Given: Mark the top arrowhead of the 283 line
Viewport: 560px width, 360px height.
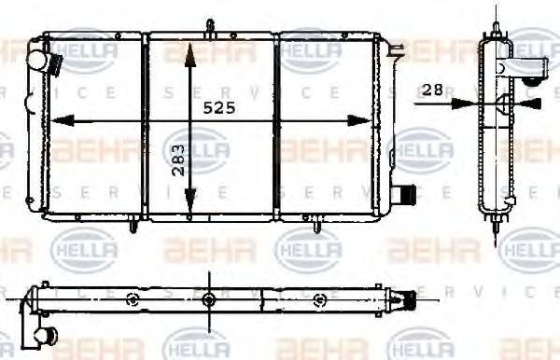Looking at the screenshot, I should [189, 48].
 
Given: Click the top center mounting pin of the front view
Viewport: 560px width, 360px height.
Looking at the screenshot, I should [212, 25].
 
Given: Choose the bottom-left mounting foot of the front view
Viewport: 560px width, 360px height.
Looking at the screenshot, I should [135, 224].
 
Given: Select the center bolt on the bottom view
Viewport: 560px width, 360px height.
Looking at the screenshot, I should [206, 299].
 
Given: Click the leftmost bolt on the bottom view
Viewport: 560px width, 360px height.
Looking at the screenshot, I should [133, 299].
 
